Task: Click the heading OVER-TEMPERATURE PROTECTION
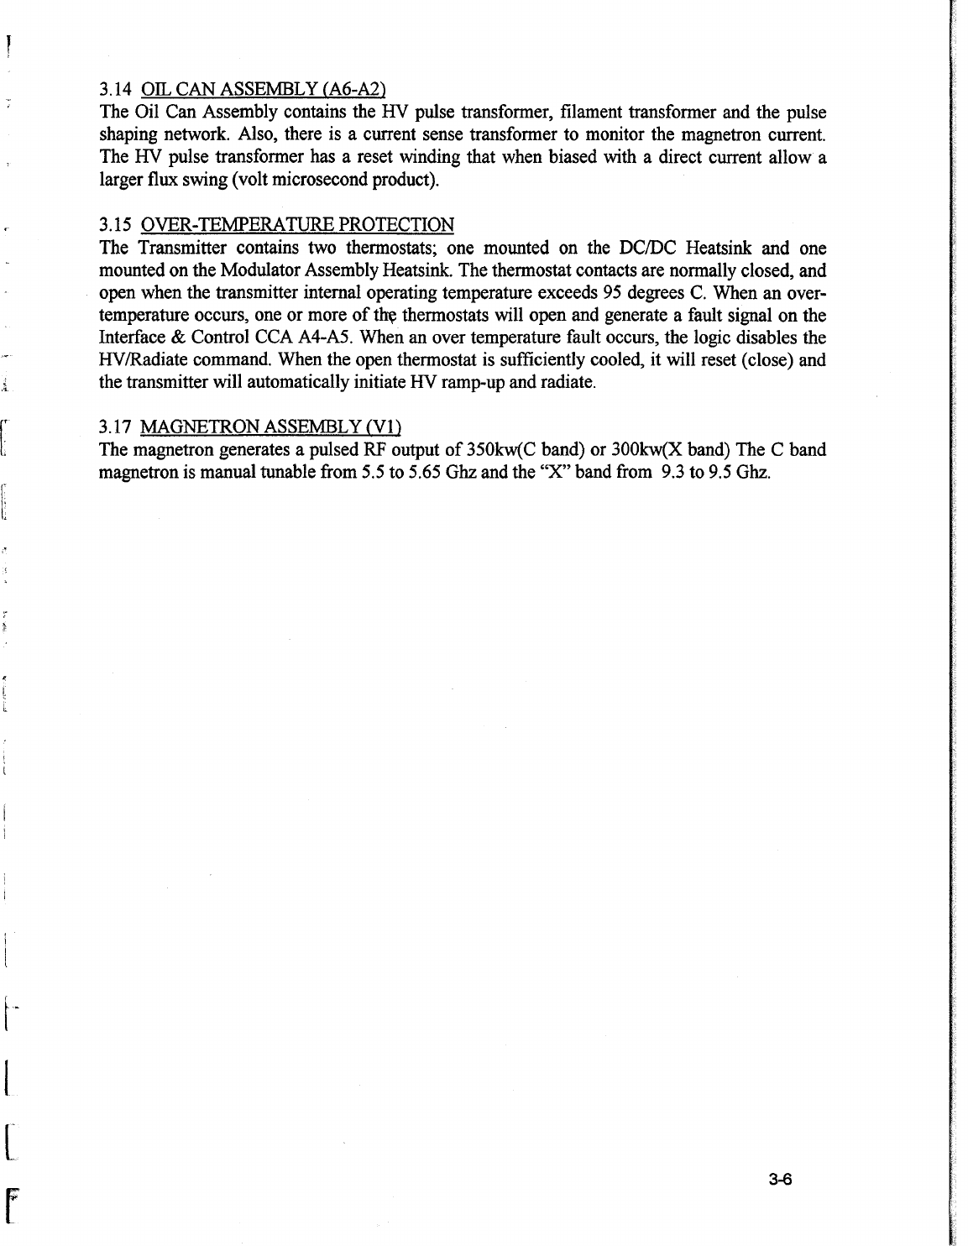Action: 298,225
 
